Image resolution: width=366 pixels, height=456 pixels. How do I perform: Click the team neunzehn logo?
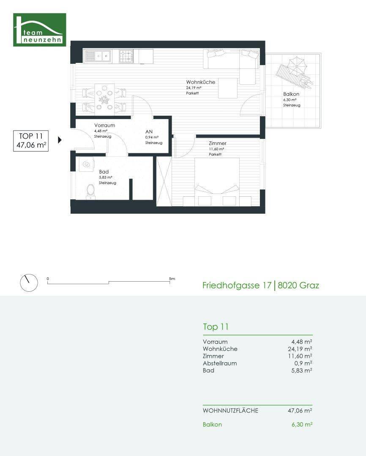click(40, 30)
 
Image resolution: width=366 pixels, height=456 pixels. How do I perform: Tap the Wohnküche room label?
click(201, 82)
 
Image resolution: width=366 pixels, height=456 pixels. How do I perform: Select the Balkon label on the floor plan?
click(291, 94)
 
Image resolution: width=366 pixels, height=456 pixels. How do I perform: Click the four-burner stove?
click(126, 56)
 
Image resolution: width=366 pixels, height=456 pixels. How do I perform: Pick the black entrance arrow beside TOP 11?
click(60, 140)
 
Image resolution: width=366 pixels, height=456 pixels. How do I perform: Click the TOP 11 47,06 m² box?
click(31, 141)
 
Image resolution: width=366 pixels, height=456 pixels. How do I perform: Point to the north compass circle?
click(29, 282)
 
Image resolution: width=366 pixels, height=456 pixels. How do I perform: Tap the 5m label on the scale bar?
click(172, 279)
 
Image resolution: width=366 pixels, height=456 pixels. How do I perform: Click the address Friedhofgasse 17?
click(237, 285)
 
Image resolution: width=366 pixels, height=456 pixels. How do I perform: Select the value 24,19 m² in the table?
click(300, 349)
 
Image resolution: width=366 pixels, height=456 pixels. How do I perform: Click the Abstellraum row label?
click(220, 363)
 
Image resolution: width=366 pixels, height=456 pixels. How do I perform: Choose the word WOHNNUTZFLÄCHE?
click(230, 411)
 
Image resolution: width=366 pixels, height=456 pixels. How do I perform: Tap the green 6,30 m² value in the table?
click(302, 425)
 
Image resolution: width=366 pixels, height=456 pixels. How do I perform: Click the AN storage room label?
click(149, 132)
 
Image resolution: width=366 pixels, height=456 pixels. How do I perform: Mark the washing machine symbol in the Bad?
click(86, 164)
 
